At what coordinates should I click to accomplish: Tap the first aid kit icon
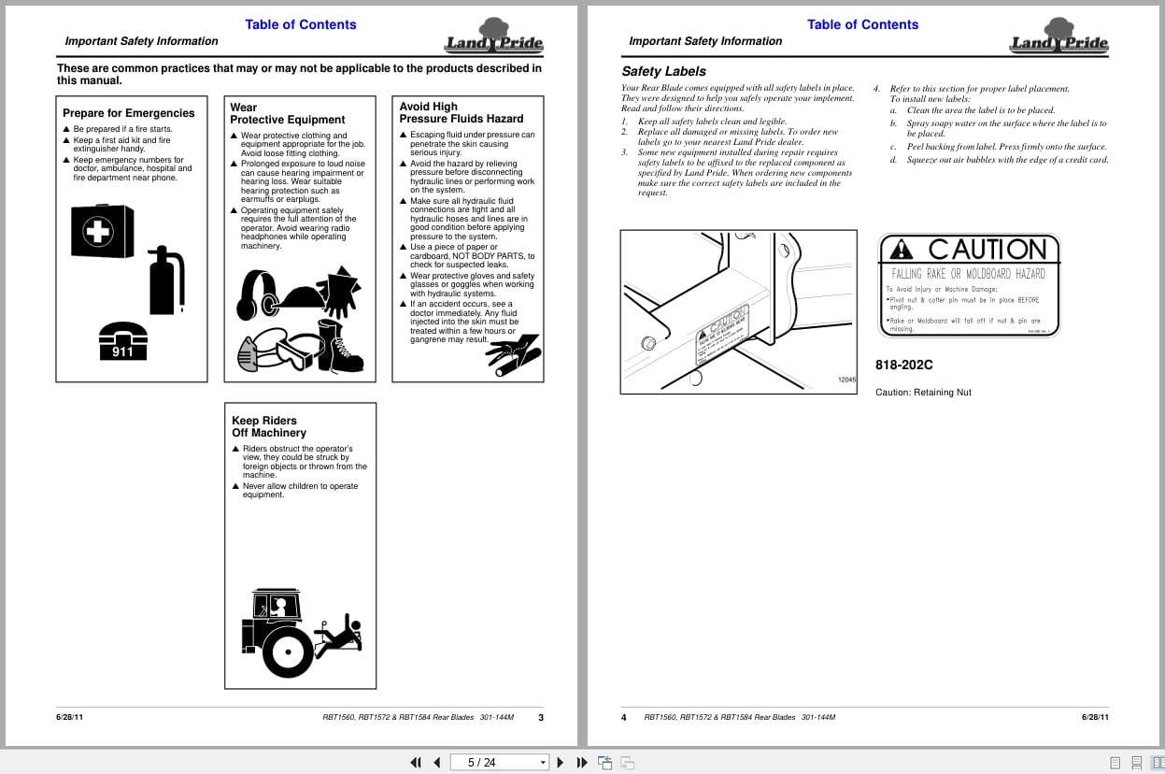click(x=101, y=231)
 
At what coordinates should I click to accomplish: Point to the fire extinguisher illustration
click(x=166, y=280)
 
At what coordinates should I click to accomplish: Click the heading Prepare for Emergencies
click(x=129, y=113)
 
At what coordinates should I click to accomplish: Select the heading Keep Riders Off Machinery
click(x=269, y=427)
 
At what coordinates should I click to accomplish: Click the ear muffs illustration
click(x=256, y=294)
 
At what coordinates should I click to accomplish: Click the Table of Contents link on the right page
click(x=862, y=24)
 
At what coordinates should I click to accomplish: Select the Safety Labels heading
click(x=663, y=71)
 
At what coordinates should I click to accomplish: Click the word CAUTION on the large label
click(x=987, y=250)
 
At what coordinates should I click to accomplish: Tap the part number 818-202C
click(x=903, y=365)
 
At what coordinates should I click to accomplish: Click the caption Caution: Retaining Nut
click(x=923, y=393)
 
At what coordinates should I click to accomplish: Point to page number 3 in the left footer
click(x=541, y=718)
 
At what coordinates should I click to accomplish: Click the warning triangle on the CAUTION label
click(x=902, y=249)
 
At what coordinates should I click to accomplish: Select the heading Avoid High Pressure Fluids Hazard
click(x=462, y=112)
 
